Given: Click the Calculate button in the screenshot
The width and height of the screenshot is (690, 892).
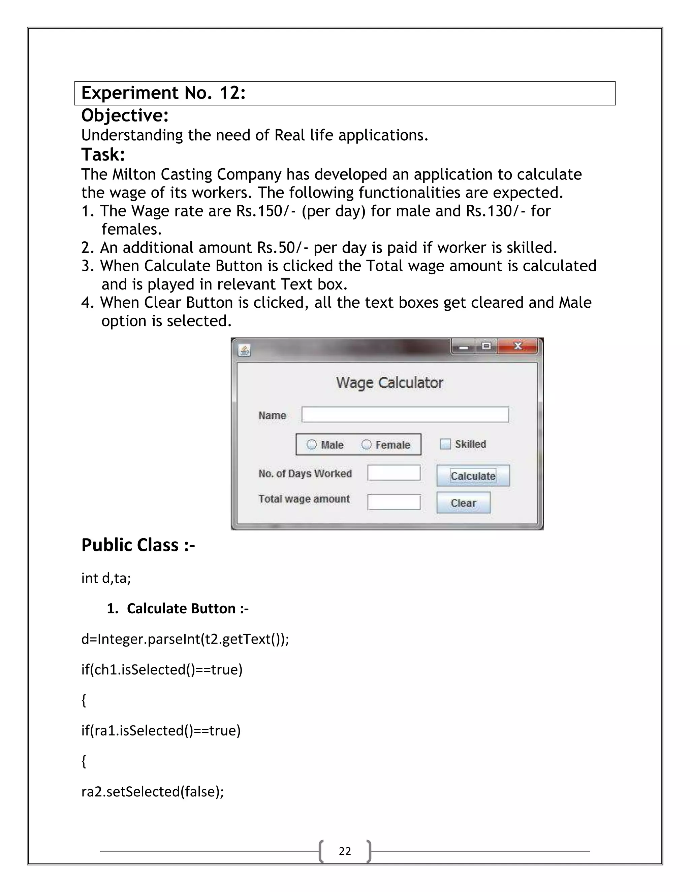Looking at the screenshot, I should [473, 476].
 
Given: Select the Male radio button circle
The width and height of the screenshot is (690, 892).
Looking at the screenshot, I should [312, 444].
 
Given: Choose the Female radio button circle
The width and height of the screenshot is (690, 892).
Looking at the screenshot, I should [367, 444].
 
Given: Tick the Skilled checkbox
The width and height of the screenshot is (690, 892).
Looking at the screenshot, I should [445, 444].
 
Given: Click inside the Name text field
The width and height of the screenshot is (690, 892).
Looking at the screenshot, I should [405, 415].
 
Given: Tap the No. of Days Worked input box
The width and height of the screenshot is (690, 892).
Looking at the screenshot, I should [394, 473].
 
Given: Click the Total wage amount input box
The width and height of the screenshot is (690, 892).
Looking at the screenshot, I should [394, 502].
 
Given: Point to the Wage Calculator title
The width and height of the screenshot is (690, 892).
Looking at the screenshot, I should [389, 383].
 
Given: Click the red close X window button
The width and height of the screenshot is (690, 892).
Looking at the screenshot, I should [518, 346].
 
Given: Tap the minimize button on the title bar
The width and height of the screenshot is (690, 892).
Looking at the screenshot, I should [464, 347].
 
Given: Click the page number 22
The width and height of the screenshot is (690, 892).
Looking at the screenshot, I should [345, 851].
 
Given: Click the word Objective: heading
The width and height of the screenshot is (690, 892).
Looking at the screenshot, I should [125, 115].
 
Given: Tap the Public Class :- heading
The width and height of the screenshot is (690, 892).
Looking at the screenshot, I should [138, 545].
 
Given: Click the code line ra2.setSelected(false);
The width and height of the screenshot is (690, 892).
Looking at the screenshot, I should [153, 792].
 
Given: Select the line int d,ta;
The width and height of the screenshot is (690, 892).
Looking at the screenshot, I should [106, 578].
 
